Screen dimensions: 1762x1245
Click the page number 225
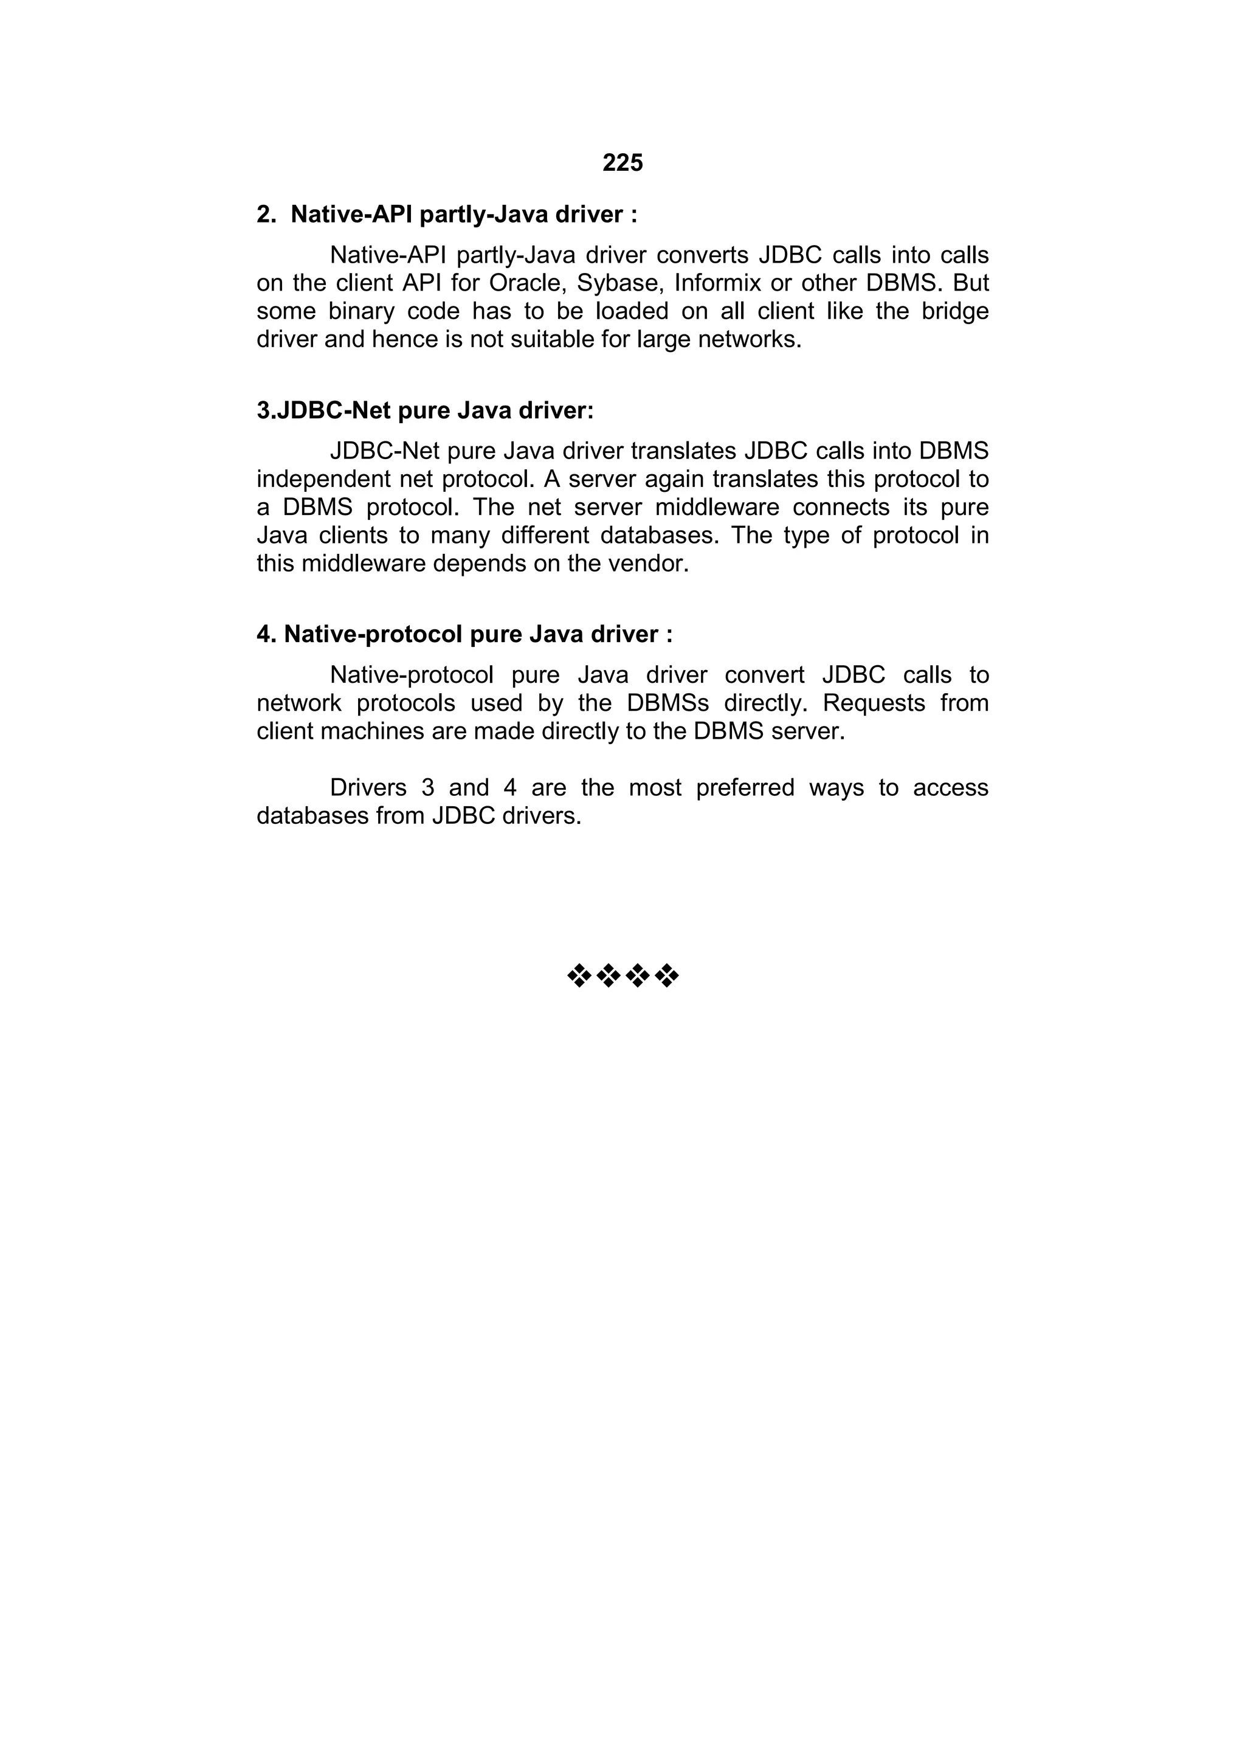(x=622, y=163)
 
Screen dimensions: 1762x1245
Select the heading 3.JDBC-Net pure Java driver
(x=425, y=410)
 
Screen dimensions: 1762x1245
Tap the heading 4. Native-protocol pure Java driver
(x=464, y=634)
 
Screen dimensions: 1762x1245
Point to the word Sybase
(x=620, y=283)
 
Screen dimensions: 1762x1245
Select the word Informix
(x=717, y=283)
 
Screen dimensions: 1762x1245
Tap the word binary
(x=360, y=311)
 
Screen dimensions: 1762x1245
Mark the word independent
(x=322, y=479)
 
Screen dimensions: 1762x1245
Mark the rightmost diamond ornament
(x=668, y=976)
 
